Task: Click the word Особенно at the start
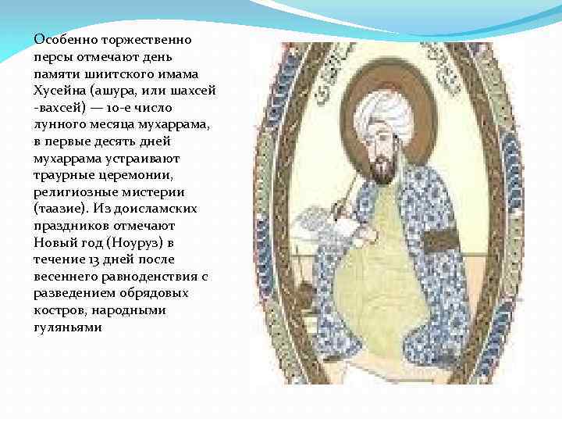(59, 39)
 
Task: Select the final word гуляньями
(67, 327)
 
